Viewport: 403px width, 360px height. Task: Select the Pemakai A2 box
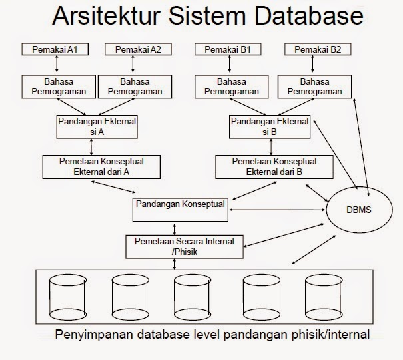coord(137,49)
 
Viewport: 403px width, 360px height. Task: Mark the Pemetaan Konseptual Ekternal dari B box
coord(274,166)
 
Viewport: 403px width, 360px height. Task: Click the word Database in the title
coord(304,17)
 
